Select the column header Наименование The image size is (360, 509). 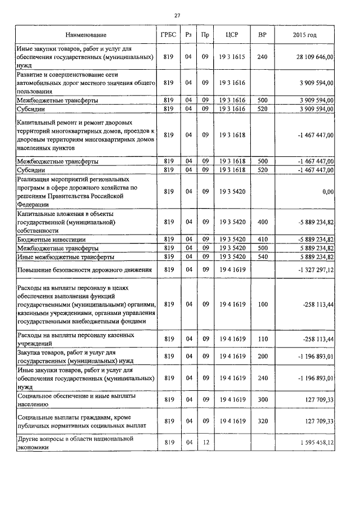85,35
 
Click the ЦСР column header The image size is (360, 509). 232,35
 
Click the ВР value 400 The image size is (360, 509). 262,222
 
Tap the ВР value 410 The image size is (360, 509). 262,240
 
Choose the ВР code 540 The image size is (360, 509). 262,256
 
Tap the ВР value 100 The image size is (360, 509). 262,304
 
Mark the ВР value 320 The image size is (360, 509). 262,421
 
